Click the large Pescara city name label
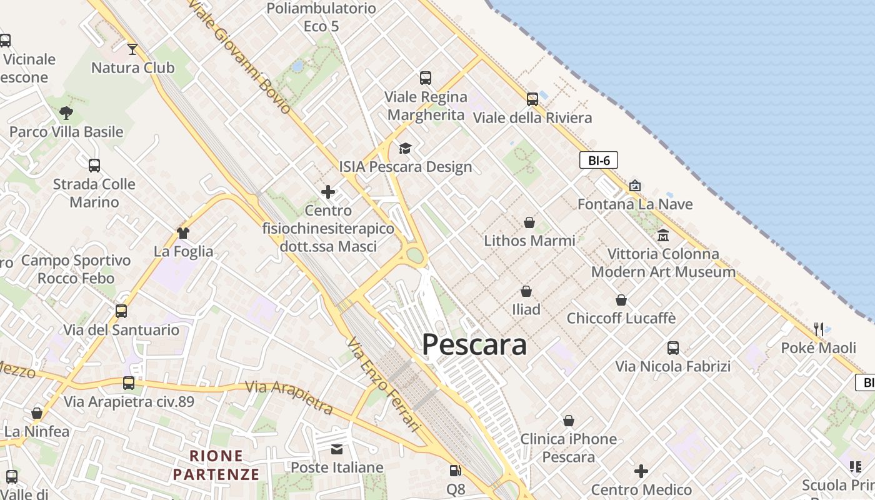pos(474,344)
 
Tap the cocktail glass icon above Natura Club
pos(132,49)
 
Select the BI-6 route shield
pos(599,161)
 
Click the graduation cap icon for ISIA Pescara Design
pos(406,148)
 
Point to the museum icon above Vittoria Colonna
pos(663,235)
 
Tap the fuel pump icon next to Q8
pos(456,471)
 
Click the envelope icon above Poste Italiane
pos(337,449)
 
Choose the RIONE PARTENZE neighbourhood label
pos(216,465)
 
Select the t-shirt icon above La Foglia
pos(183,233)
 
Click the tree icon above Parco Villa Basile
pos(66,113)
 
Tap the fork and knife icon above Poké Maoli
pos(819,329)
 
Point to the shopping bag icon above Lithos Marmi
pos(529,222)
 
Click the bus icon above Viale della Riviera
pos(532,99)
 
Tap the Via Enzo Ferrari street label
pos(384,385)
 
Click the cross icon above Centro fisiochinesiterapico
pos(328,192)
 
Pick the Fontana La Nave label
pos(635,204)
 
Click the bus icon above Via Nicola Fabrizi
pos(673,348)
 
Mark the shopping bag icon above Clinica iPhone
pos(569,421)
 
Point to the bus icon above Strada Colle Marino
pos(94,166)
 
